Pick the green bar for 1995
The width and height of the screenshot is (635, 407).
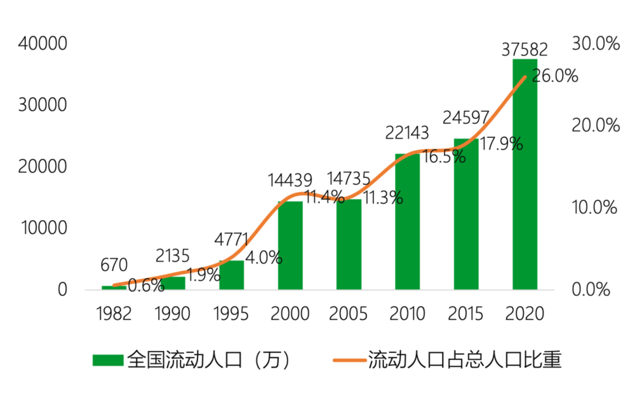(x=231, y=275)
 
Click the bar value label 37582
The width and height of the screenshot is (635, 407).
(x=525, y=49)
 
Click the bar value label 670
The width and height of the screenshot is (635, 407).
(x=114, y=265)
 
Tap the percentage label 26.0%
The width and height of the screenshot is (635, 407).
(x=555, y=76)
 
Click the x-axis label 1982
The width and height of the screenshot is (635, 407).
(x=114, y=314)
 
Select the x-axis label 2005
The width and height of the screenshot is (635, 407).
(x=349, y=314)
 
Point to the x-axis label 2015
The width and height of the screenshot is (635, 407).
(x=465, y=314)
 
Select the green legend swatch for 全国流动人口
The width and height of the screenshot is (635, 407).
(x=107, y=361)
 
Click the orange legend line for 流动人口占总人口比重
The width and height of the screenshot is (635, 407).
(x=348, y=361)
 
